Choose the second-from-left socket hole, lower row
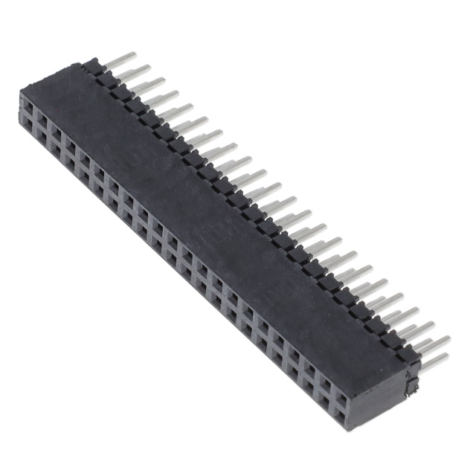coord(42,132)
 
